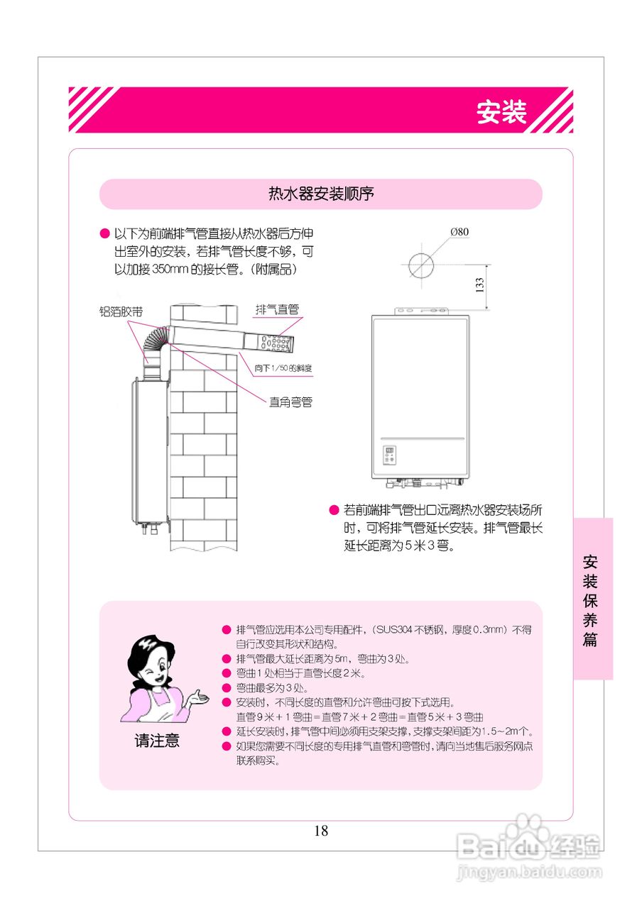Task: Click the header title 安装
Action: pyautogui.click(x=501, y=111)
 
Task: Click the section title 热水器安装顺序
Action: pyautogui.click(x=321, y=194)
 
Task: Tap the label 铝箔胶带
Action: pyautogui.click(x=121, y=311)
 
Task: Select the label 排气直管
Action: pyautogui.click(x=277, y=309)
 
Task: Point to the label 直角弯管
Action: pyautogui.click(x=290, y=402)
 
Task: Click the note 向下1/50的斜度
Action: pyautogui.click(x=283, y=368)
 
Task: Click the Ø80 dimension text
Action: pyautogui.click(x=459, y=231)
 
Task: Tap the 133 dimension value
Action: pyautogui.click(x=480, y=284)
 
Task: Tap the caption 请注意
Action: pyautogui.click(x=157, y=741)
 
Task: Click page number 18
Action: pyautogui.click(x=321, y=831)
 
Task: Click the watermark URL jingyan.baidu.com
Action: pyautogui.click(x=529, y=872)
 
